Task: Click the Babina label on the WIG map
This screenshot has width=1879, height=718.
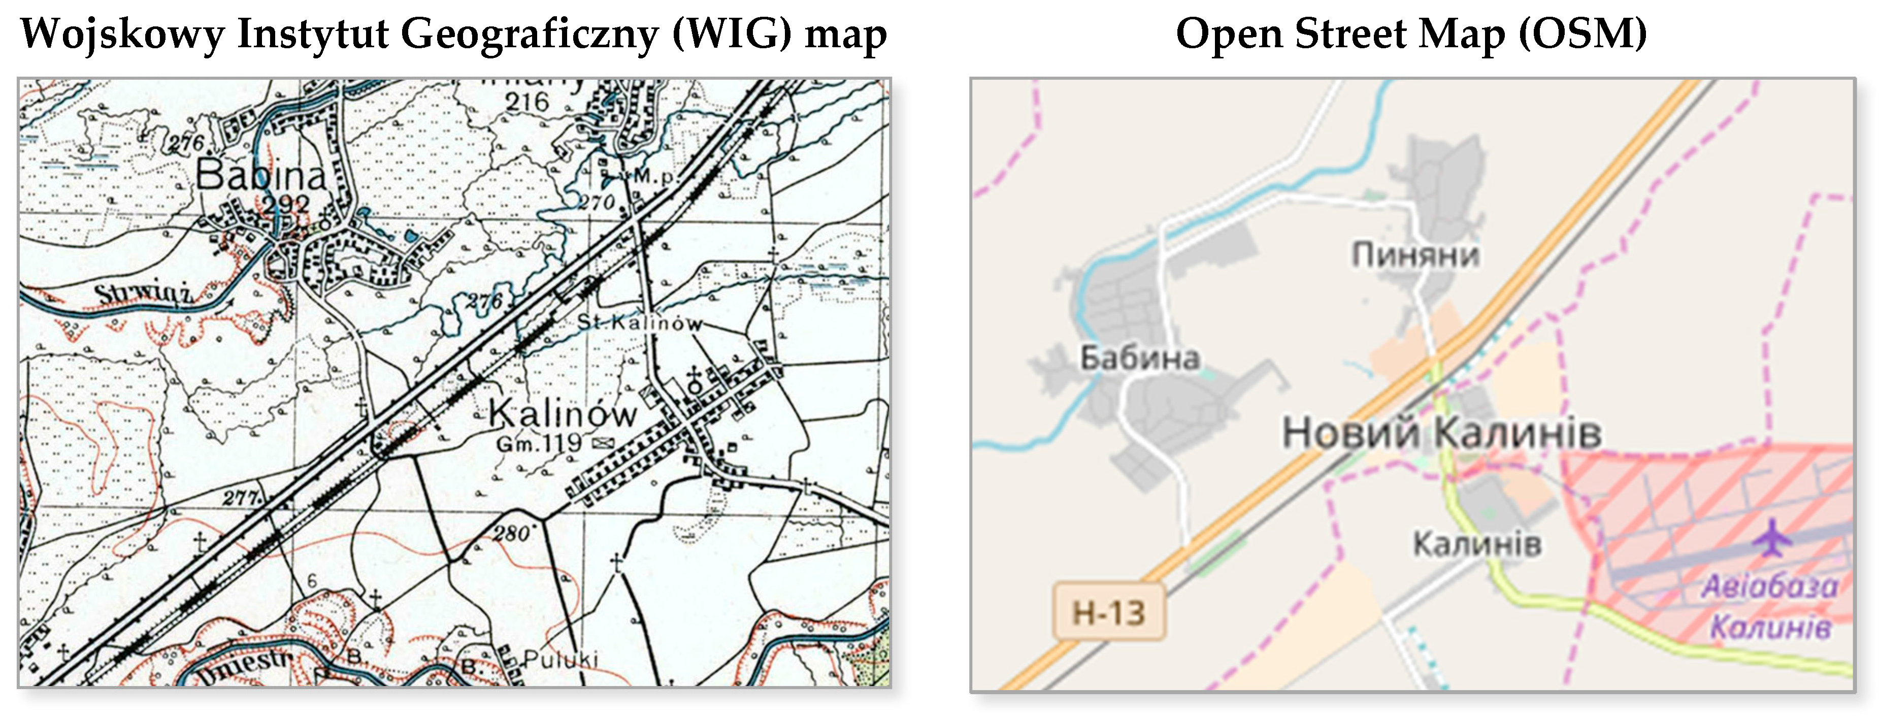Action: coord(260,175)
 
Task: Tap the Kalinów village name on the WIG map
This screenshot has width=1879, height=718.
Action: coord(563,414)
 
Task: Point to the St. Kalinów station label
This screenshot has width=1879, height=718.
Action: coord(639,322)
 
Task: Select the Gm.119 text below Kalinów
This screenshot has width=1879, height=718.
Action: coord(539,443)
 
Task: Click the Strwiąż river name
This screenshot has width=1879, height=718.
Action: coord(143,295)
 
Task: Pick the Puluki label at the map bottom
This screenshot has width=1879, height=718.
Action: coord(560,659)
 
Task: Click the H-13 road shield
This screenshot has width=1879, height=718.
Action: coord(1108,612)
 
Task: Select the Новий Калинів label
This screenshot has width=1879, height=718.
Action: coord(1441,432)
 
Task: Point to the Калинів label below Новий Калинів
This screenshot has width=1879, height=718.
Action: coord(1477,544)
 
